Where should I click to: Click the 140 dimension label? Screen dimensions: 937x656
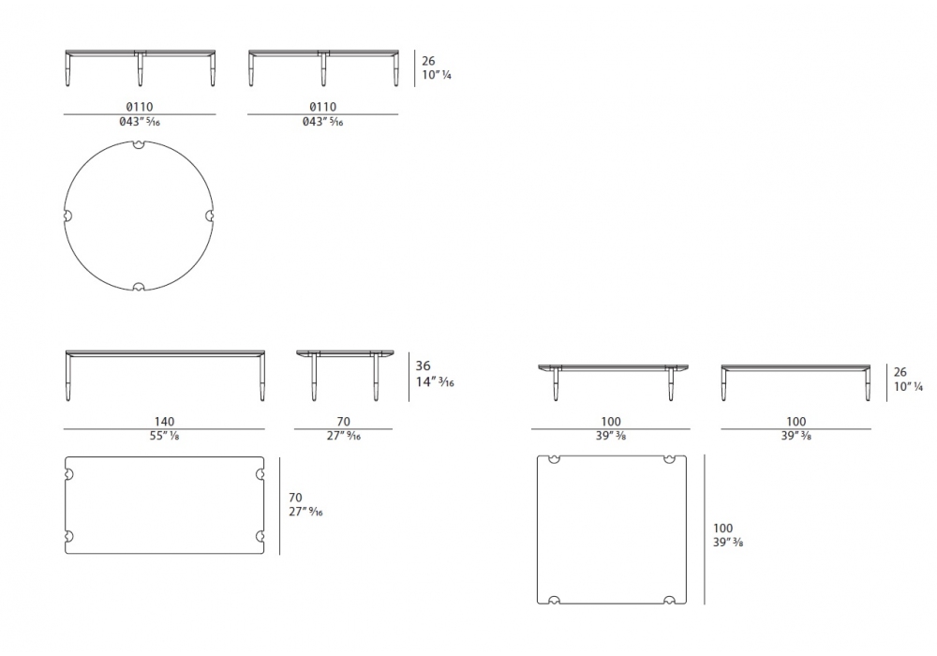pyautogui.click(x=164, y=421)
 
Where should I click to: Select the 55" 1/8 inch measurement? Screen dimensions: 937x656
pyautogui.click(x=164, y=436)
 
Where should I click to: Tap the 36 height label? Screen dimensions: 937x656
pyautogui.click(x=424, y=365)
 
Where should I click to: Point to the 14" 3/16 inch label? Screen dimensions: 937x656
pyautogui.click(x=435, y=381)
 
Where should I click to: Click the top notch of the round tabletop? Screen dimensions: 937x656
pyautogui.click(x=140, y=144)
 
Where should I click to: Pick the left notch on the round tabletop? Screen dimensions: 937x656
pyautogui.click(x=67, y=216)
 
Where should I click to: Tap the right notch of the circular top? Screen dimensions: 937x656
pyautogui.click(x=210, y=216)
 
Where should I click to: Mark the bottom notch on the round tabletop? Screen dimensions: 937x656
pyautogui.click(x=139, y=287)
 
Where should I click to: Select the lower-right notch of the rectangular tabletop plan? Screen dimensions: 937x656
pyautogui.click(x=260, y=536)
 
